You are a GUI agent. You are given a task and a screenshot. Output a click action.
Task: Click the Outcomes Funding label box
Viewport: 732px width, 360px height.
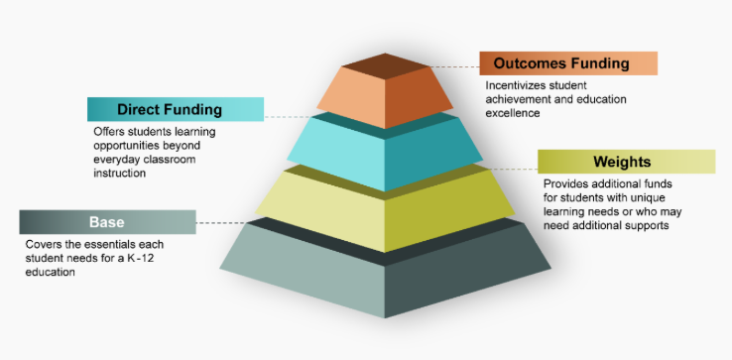[568, 63]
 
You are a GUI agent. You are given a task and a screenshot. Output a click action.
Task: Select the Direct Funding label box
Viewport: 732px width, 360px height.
[176, 109]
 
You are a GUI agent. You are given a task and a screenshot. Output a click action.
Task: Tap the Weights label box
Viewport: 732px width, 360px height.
[626, 162]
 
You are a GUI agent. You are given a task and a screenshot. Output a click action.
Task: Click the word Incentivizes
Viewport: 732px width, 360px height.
[518, 86]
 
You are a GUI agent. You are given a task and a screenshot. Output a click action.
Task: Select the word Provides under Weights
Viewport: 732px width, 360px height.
[566, 184]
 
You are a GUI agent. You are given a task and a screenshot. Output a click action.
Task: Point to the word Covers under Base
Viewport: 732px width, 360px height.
[45, 244]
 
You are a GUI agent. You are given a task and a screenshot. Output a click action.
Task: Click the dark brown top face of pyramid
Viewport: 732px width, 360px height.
[385, 63]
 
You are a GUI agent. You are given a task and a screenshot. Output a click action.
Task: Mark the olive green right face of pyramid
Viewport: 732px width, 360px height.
[446, 208]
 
